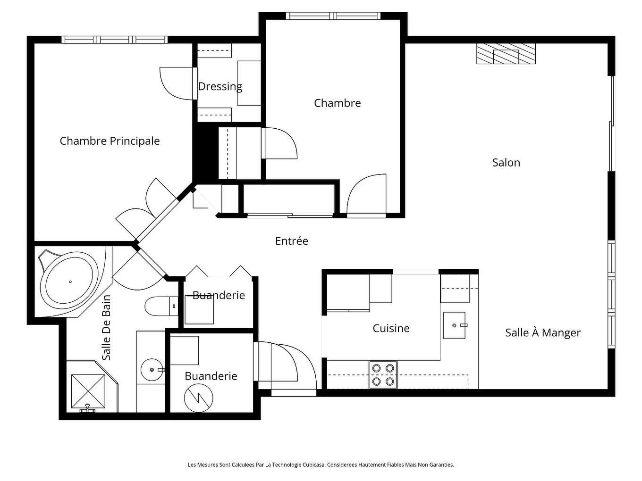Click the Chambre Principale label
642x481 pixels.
[110, 141]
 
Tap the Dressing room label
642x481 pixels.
[220, 86]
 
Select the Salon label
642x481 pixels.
[506, 163]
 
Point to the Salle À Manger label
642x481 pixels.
[543, 333]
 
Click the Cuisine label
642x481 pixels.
[391, 328]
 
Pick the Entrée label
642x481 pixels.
[292, 241]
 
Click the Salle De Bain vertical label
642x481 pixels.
[107, 328]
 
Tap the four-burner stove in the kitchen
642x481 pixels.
[383, 374]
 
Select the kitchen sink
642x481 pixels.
[454, 325]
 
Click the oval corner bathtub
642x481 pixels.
[71, 282]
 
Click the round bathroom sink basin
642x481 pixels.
[152, 370]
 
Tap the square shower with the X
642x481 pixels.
[88, 391]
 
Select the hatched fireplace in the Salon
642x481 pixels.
[506, 54]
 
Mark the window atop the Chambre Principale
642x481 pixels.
[115, 40]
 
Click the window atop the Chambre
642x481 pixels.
[334, 16]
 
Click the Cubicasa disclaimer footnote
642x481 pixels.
[321, 465]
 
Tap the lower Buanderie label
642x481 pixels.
[211, 376]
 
